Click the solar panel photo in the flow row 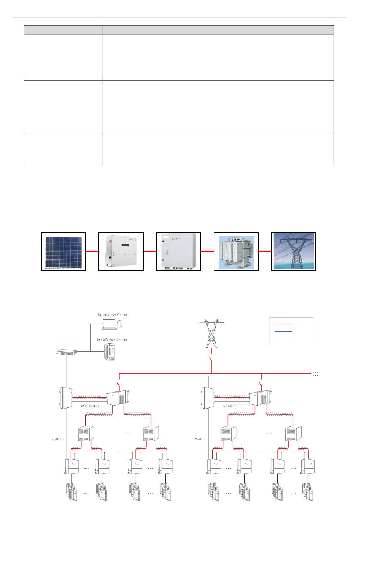point(64,251)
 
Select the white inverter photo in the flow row point(121,251)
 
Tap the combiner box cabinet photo point(179,251)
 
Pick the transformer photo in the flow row point(236,251)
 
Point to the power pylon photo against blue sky point(293,251)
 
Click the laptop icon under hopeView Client point(108,323)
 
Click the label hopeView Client point(112,314)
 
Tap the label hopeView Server point(112,339)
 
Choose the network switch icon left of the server point(66,352)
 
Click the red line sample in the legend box point(283,324)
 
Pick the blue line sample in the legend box point(283,331)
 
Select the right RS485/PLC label point(233,406)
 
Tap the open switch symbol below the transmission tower point(211,360)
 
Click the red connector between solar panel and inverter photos point(92,251)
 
